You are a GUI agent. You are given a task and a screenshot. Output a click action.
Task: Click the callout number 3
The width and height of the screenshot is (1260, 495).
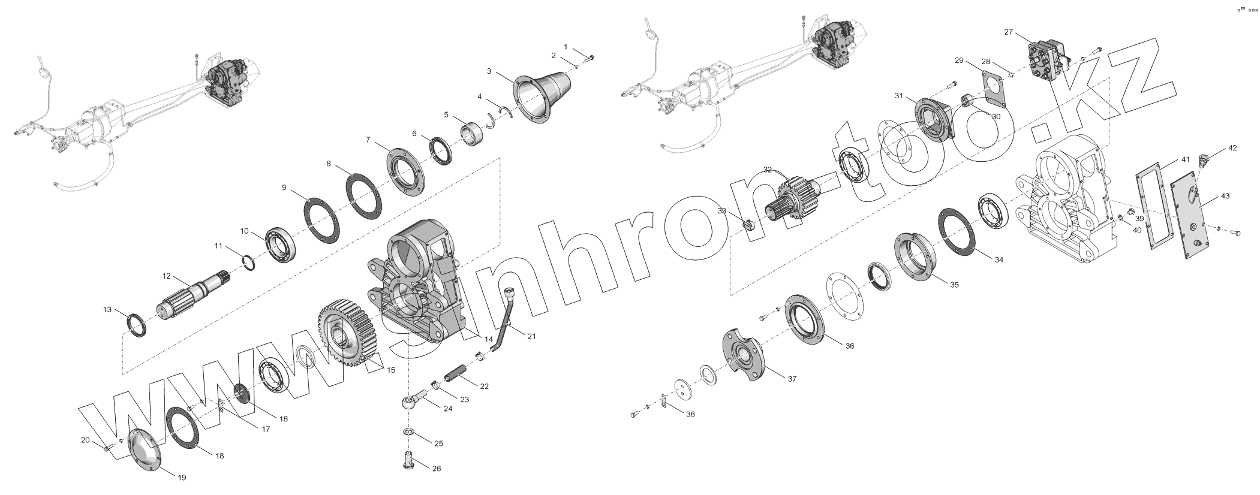coord(489,71)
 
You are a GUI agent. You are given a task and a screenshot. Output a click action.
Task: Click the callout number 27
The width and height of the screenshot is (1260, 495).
coord(1008,32)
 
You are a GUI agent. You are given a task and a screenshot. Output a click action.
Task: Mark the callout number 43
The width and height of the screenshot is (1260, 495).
coord(1208,197)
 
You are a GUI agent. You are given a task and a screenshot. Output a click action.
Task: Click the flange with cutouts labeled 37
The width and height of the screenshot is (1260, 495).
coord(745,354)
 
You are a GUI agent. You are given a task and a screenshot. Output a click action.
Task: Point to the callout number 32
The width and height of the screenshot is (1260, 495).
coord(768,170)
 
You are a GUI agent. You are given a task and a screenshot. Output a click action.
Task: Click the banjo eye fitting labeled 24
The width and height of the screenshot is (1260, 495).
coord(413,401)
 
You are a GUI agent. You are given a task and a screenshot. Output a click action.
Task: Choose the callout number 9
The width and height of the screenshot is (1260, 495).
coord(284,188)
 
